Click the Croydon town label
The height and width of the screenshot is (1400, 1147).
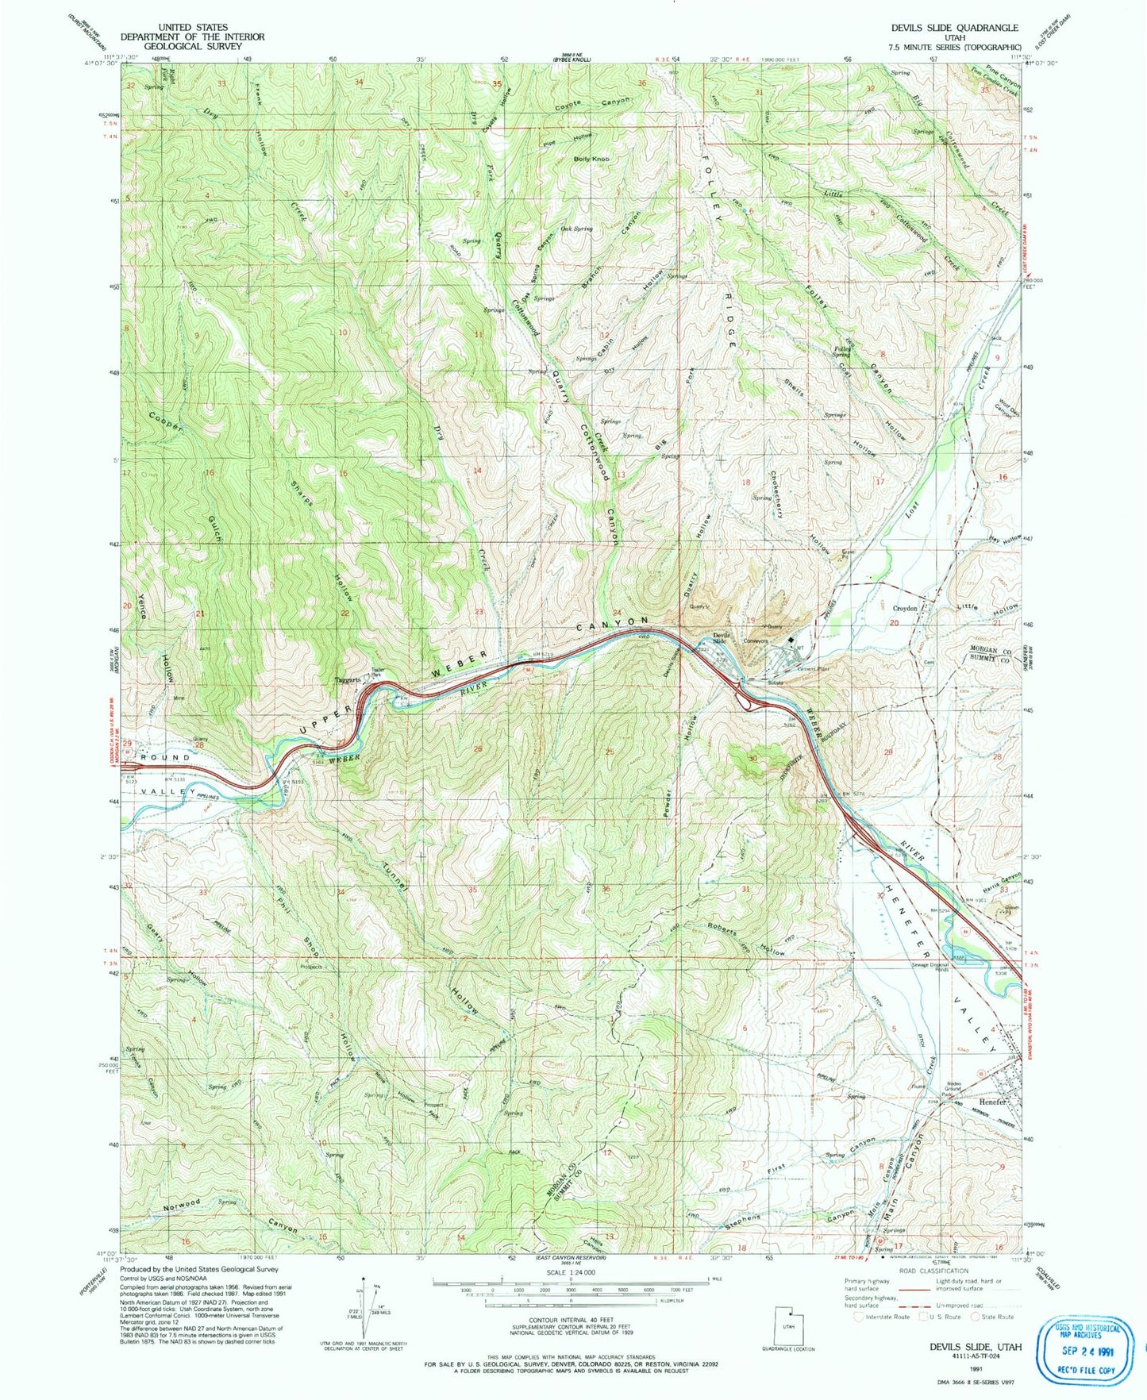(905, 609)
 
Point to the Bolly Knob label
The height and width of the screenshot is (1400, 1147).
(591, 160)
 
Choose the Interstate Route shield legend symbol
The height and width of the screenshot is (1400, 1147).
(859, 1317)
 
